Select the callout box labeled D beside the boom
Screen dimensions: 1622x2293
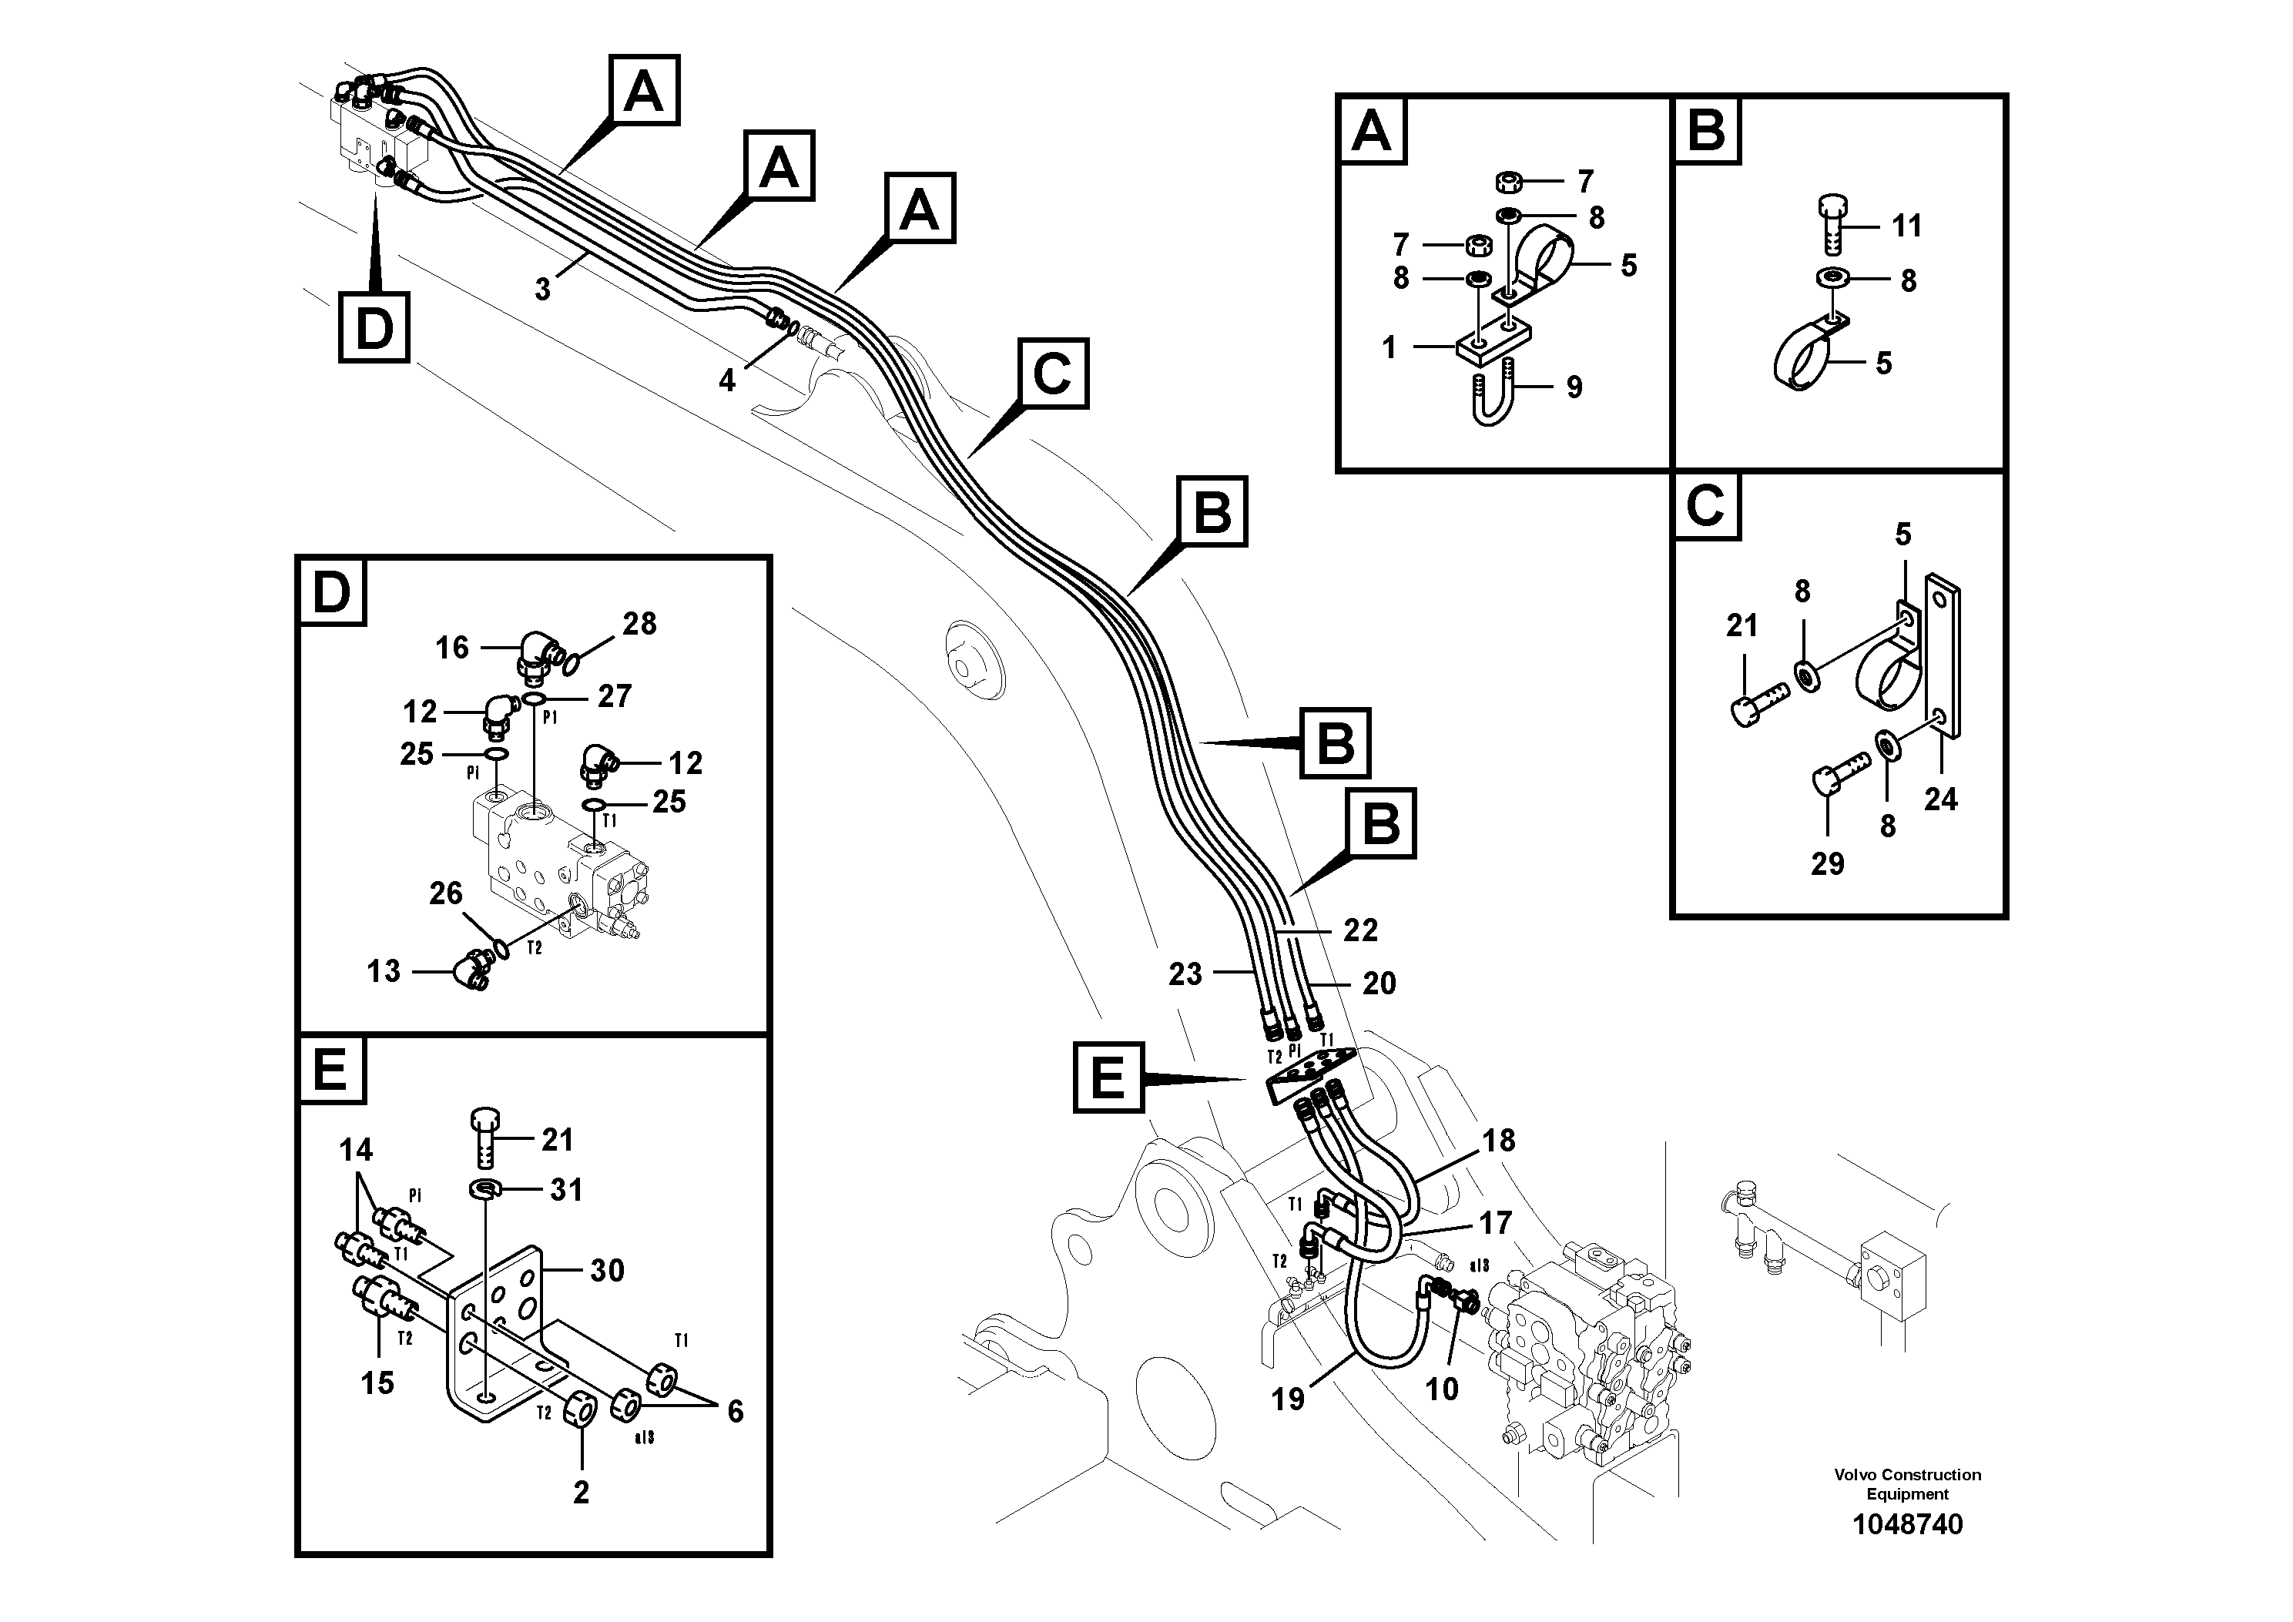[374, 327]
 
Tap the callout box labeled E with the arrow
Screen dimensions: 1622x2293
[1108, 1077]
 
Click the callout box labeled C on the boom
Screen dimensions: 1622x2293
[1051, 374]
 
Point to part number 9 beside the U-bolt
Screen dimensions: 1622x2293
[1574, 387]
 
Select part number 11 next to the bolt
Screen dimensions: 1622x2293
[1906, 226]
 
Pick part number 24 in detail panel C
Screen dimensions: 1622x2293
[1939, 799]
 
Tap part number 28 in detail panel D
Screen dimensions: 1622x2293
[639, 624]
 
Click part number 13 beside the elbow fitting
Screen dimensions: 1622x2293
[384, 970]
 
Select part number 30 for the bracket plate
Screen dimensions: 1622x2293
[606, 1271]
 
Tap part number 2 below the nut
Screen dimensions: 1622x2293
[580, 1492]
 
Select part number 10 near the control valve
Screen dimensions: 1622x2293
[1441, 1389]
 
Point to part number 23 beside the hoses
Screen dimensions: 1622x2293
[1185, 974]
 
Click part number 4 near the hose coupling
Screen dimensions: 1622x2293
[727, 380]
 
